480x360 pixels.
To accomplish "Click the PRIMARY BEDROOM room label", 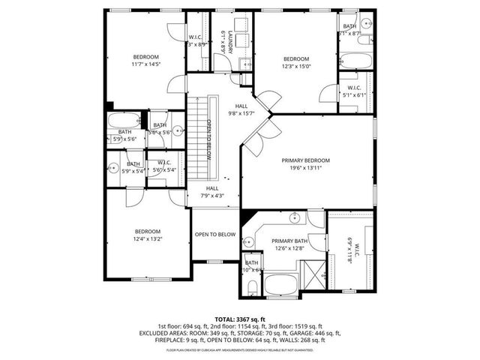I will [306, 160].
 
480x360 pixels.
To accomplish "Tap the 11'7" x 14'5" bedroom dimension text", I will [146, 65].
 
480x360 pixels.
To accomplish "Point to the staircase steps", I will [196, 135].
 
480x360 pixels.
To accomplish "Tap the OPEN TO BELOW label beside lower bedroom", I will [215, 235].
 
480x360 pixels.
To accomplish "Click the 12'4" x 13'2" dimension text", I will [148, 239].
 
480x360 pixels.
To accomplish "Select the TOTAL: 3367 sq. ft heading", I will [240, 318].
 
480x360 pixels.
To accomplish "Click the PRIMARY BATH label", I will [290, 240].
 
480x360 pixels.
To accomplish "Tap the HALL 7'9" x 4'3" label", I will [212, 192].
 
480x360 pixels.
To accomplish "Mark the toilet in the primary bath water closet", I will [252, 286].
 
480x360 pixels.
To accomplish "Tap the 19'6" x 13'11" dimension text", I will [306, 169].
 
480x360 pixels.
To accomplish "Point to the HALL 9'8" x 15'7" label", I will [241, 109].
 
